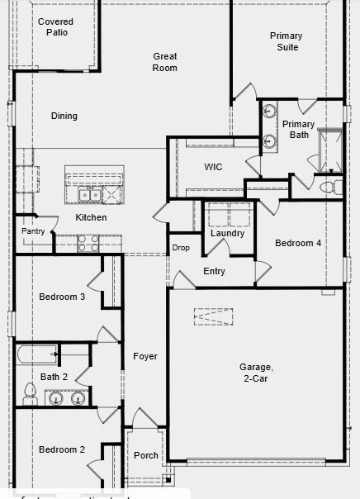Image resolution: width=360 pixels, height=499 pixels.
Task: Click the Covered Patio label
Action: [x=55, y=26]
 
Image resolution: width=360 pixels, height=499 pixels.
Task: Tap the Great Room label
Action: [x=165, y=62]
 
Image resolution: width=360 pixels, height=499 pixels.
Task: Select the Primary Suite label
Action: [x=287, y=41]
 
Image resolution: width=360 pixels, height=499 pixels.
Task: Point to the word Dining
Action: [x=64, y=116]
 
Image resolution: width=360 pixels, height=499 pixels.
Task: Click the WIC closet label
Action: [x=213, y=167]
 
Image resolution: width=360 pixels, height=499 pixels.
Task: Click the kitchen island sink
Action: [x=90, y=194]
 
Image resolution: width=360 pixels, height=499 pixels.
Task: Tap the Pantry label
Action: [x=33, y=231]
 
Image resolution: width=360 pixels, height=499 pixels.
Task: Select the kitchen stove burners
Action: [x=88, y=243]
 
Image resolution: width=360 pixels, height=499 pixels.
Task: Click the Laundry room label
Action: [x=227, y=234]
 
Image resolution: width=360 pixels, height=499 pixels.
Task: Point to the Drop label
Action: [x=181, y=248]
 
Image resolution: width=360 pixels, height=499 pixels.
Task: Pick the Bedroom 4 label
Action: [x=298, y=243]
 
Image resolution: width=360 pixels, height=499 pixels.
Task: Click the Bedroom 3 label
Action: [x=62, y=297]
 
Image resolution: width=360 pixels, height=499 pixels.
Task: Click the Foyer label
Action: [x=145, y=356]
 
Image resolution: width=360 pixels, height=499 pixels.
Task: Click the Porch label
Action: [x=146, y=455]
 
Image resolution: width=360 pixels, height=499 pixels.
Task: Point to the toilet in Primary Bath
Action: [x=331, y=187]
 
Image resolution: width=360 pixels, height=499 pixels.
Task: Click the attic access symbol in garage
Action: [x=214, y=316]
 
